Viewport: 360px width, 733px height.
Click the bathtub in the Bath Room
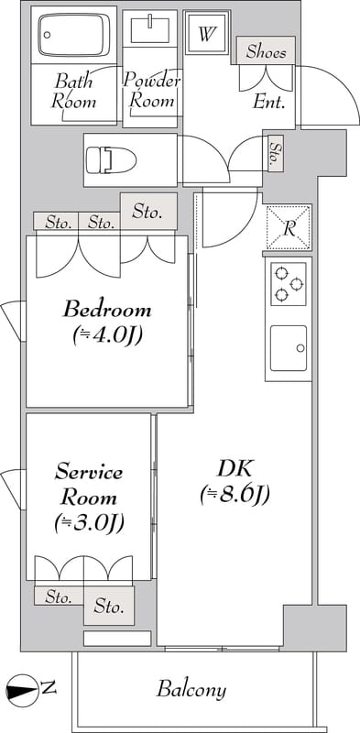(x=73, y=34)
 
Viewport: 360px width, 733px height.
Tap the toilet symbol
(x=111, y=159)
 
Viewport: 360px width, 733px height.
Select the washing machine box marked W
(x=207, y=34)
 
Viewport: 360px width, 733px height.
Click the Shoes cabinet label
(x=266, y=51)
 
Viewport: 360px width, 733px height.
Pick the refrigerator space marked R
(x=289, y=228)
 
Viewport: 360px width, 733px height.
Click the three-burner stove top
(x=288, y=284)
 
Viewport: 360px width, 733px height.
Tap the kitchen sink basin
(x=289, y=348)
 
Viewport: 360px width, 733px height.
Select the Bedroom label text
(x=107, y=310)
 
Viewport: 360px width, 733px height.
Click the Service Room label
(x=89, y=485)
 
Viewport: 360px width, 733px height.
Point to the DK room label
(x=235, y=470)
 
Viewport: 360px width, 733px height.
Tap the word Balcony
(x=191, y=690)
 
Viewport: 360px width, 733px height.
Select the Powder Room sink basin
(x=149, y=29)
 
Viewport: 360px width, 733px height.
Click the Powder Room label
(x=151, y=91)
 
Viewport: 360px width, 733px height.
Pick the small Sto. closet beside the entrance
(x=276, y=153)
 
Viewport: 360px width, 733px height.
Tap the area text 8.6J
(x=235, y=495)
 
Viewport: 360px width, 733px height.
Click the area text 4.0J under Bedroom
(x=107, y=335)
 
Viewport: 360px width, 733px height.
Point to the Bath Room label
(x=73, y=91)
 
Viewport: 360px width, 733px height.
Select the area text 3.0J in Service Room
(x=89, y=523)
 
